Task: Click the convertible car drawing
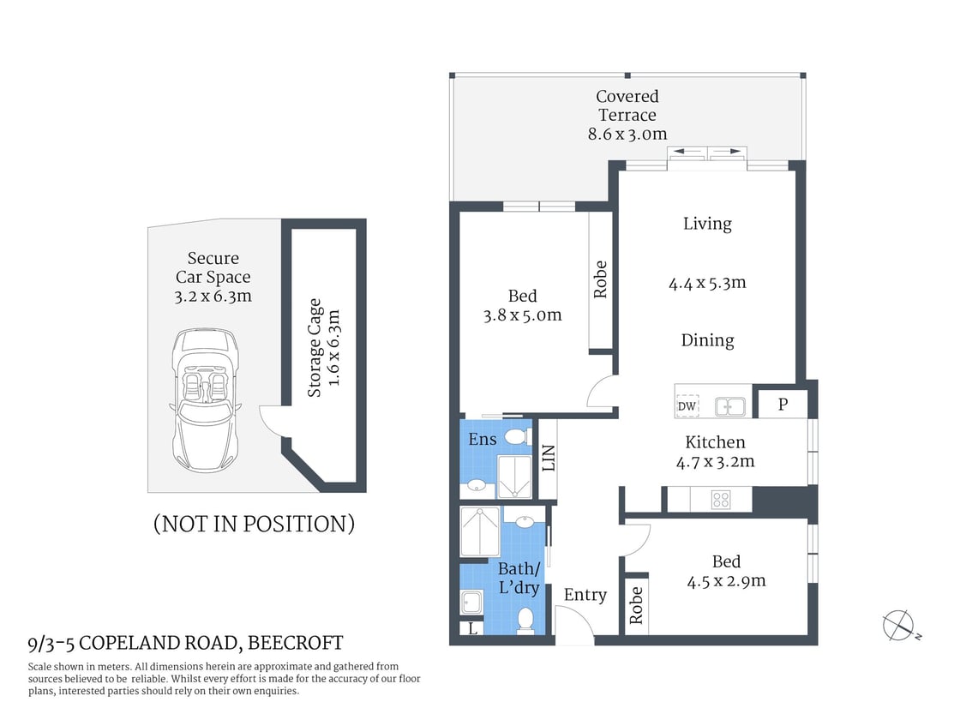[203, 399]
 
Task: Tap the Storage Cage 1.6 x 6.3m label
[324, 347]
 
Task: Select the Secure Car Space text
[213, 267]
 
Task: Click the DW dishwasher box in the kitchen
[687, 406]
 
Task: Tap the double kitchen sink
[730, 406]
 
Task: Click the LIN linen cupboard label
[549, 459]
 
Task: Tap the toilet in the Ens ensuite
[516, 437]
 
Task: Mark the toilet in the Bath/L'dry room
[526, 619]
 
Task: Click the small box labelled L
[472, 628]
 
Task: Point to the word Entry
[585, 595]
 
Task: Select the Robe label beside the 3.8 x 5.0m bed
[600, 279]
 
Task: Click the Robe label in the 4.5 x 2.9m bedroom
[636, 606]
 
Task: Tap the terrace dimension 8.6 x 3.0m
[627, 134]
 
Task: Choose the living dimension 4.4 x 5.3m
[707, 282]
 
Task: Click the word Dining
[707, 340]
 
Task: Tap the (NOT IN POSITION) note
[254, 524]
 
